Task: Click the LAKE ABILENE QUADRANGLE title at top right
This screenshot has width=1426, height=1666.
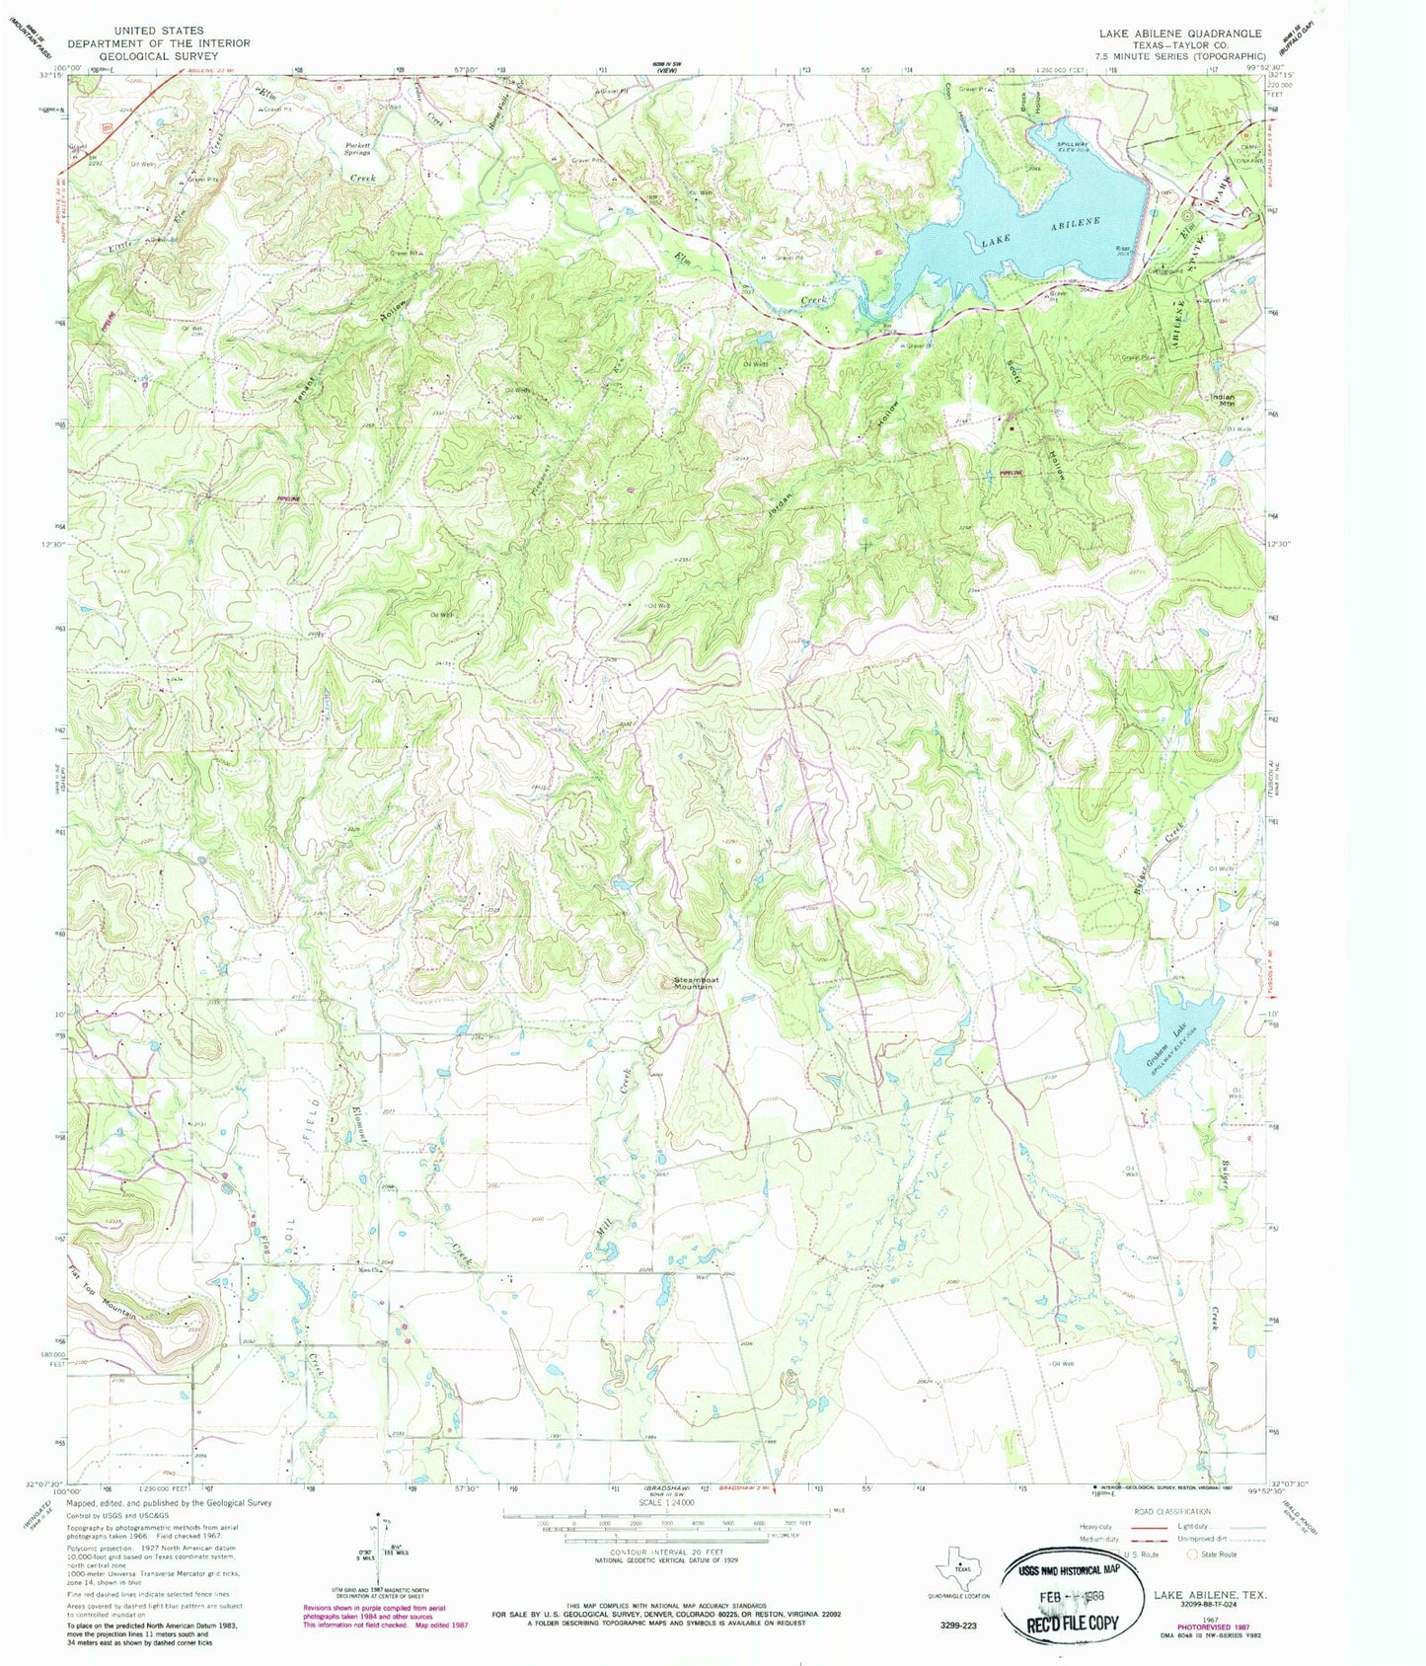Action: [x=1180, y=33]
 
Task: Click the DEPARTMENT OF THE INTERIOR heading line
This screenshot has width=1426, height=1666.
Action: [x=158, y=43]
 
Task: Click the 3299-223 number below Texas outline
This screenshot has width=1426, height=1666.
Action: [x=954, y=1625]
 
